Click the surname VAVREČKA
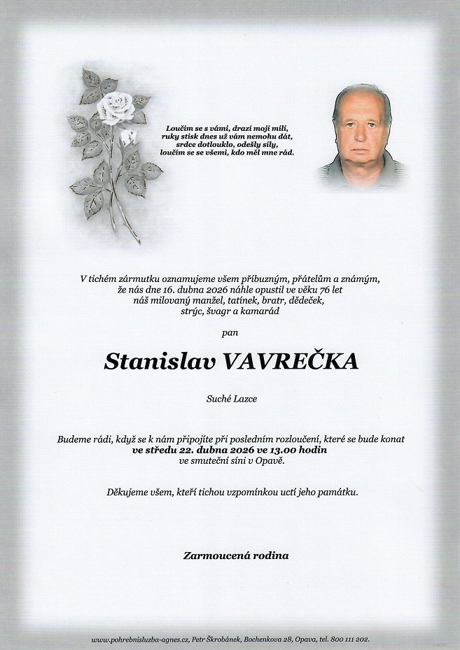[289, 361]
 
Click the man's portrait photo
[361, 137]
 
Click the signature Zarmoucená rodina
[235, 556]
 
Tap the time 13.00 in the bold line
[282, 450]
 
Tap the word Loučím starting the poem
[178, 128]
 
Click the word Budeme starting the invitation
[74, 439]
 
